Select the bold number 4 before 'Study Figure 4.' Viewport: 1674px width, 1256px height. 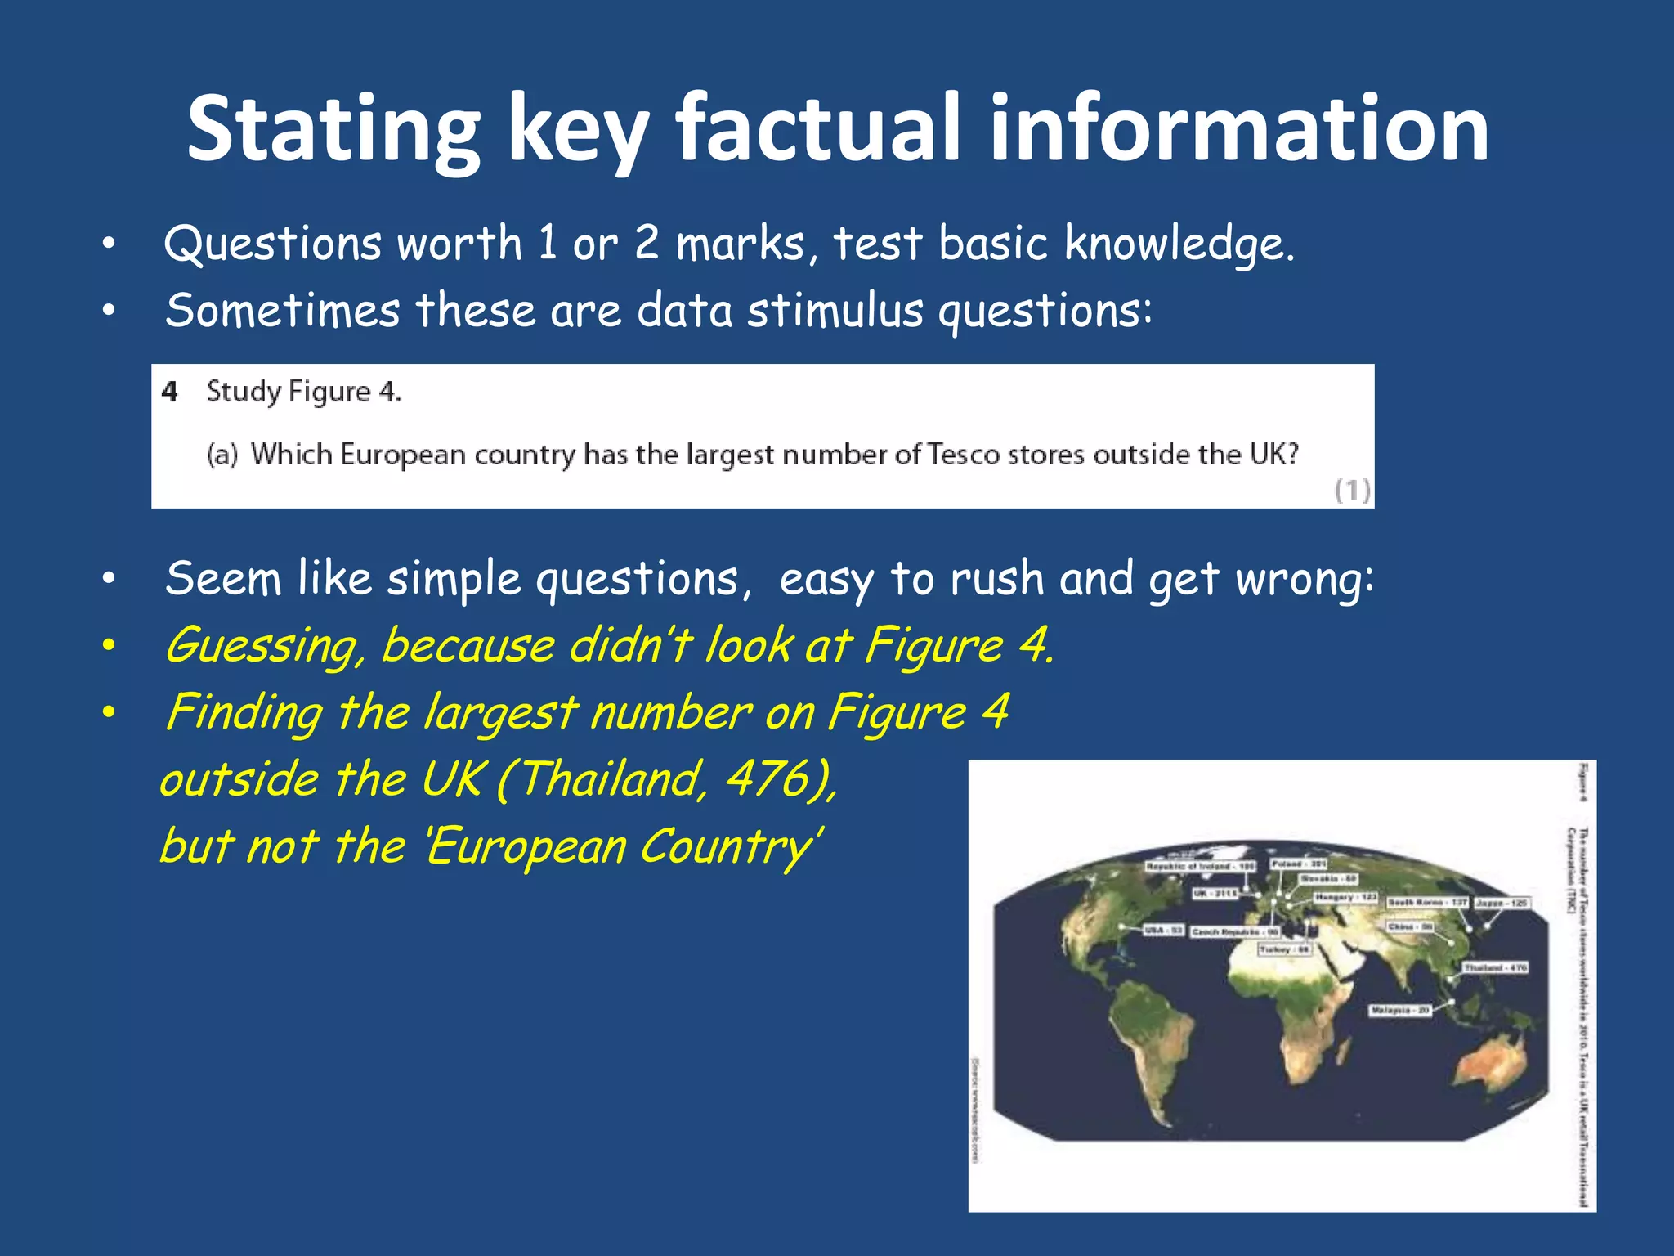click(x=169, y=392)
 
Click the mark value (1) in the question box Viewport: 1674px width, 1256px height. click(x=1352, y=491)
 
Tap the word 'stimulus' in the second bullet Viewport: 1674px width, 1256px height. click(x=835, y=311)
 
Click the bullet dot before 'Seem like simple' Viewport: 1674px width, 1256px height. click(x=110, y=579)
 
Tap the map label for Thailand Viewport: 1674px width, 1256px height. click(x=1495, y=967)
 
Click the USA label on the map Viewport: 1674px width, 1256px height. click(x=1163, y=931)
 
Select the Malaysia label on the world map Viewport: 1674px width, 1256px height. click(x=1400, y=1011)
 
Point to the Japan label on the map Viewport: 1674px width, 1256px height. click(x=1502, y=903)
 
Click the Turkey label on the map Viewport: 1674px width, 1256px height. click(x=1285, y=949)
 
